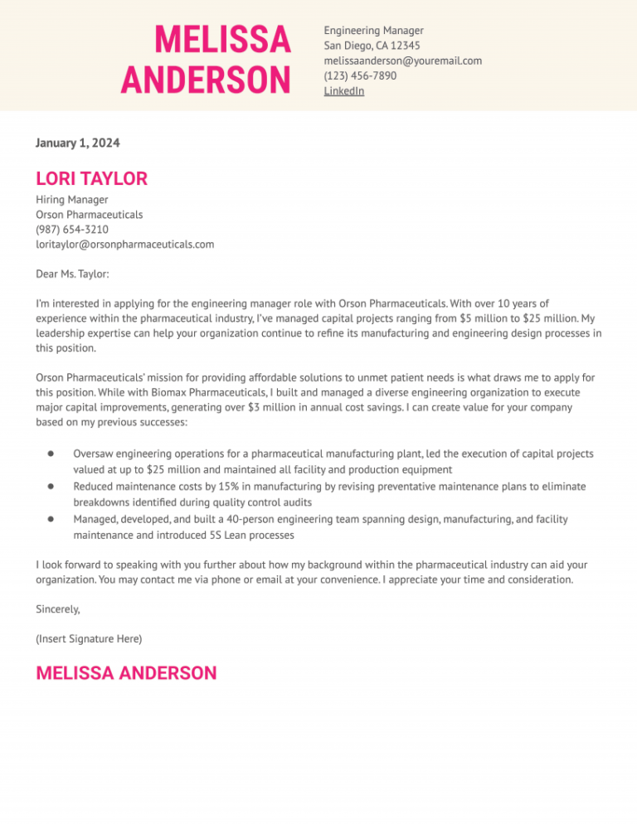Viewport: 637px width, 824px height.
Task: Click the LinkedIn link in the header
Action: tap(343, 91)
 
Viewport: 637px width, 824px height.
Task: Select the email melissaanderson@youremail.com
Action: tap(402, 61)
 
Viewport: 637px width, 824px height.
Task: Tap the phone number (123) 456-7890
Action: tap(360, 75)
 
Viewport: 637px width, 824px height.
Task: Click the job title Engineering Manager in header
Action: tap(373, 31)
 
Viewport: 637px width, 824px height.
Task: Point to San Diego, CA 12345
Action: tap(372, 46)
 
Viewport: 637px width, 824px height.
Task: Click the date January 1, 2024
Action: tap(77, 143)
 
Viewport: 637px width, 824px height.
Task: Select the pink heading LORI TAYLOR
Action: tap(91, 178)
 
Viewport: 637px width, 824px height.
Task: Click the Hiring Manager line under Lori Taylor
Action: tap(72, 200)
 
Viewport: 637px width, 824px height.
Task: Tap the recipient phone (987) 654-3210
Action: tap(72, 230)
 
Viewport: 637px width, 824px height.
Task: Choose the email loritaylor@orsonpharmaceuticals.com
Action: tap(124, 245)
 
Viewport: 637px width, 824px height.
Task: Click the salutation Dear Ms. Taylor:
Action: tap(72, 274)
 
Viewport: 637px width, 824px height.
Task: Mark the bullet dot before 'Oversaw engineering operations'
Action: tap(51, 454)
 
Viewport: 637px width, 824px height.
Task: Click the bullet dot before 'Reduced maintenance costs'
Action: tap(51, 487)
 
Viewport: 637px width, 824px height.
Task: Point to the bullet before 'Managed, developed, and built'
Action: tap(51, 519)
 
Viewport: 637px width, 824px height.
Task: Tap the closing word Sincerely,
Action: tap(58, 608)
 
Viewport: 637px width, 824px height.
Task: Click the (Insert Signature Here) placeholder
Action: tap(89, 638)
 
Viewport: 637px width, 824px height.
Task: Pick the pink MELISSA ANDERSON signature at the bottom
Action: tap(126, 673)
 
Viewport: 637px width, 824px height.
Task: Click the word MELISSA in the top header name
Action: tap(222, 40)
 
